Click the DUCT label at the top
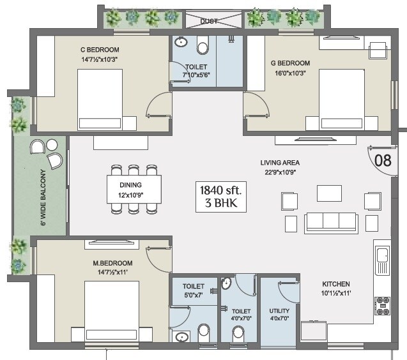(x=209, y=21)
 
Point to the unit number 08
(x=383, y=160)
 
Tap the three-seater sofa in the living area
(x=331, y=221)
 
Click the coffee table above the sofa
(x=330, y=192)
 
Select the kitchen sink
(x=382, y=257)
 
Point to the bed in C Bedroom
(x=100, y=99)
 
